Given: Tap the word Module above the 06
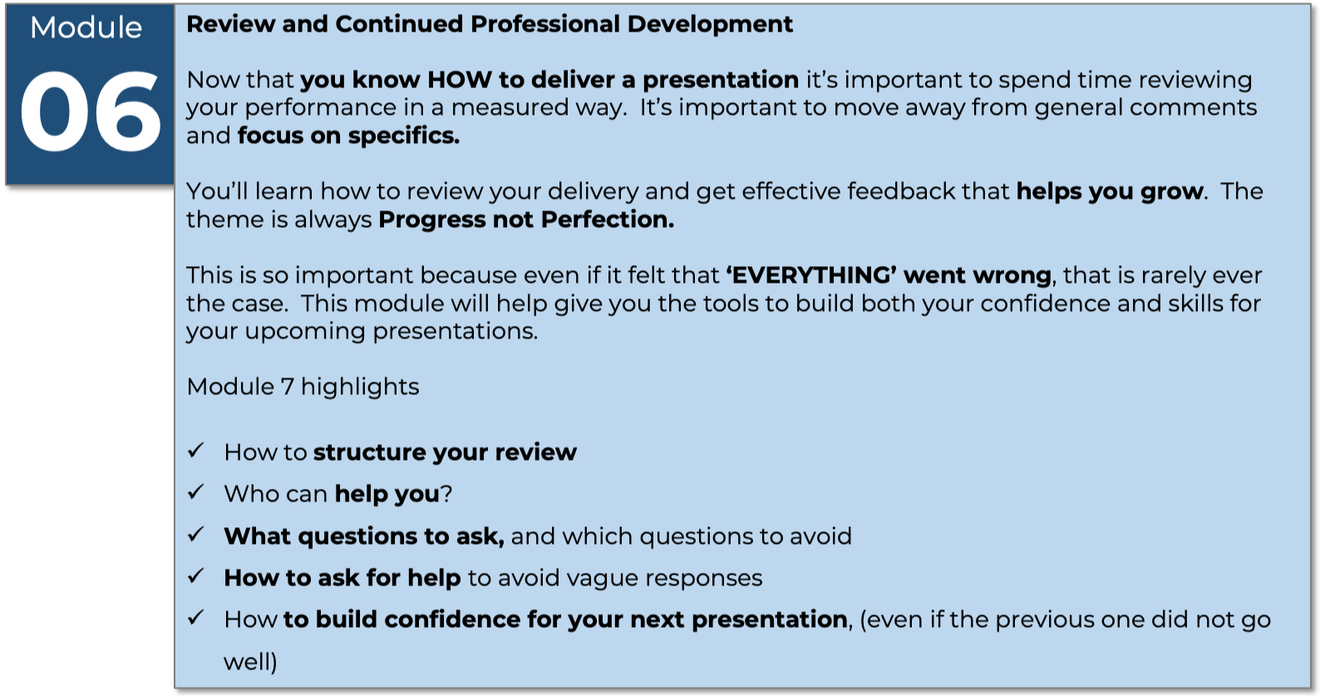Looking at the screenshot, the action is pyautogui.click(x=86, y=27).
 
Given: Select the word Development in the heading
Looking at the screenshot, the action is pyautogui.click(x=710, y=24).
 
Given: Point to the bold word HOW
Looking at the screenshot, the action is pyautogui.click(x=459, y=80).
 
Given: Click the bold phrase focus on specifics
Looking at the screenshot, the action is pyautogui.click(x=348, y=136).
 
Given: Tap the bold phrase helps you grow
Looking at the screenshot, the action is pyautogui.click(x=1110, y=191).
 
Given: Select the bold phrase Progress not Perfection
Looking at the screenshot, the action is pyautogui.click(x=526, y=220).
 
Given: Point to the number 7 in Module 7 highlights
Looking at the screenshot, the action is pyautogui.click(x=287, y=387).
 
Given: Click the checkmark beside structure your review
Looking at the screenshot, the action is pyautogui.click(x=195, y=451).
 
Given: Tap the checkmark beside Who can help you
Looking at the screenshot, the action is pyautogui.click(x=195, y=492).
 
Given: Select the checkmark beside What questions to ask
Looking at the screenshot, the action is pyautogui.click(x=195, y=535).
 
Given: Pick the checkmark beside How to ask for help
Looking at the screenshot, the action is pyautogui.click(x=195, y=575).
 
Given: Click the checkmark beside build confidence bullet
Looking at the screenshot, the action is pyautogui.click(x=195, y=618).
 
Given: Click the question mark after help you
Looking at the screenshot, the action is pyautogui.click(x=446, y=494).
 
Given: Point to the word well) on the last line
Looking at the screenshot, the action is pyautogui.click(x=250, y=662).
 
